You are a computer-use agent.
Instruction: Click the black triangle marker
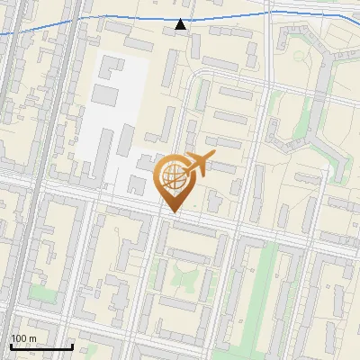click(181, 24)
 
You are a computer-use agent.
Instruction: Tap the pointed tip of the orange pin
click(173, 212)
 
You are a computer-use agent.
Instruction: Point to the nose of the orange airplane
click(214, 157)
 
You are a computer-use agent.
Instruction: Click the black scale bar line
click(41, 346)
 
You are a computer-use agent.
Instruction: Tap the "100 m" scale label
click(24, 338)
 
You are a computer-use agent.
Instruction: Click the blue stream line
click(90, 19)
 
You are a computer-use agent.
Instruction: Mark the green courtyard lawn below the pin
click(180, 270)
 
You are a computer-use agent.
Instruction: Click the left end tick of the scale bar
click(12, 346)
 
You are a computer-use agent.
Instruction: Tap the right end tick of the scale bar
click(72, 346)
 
